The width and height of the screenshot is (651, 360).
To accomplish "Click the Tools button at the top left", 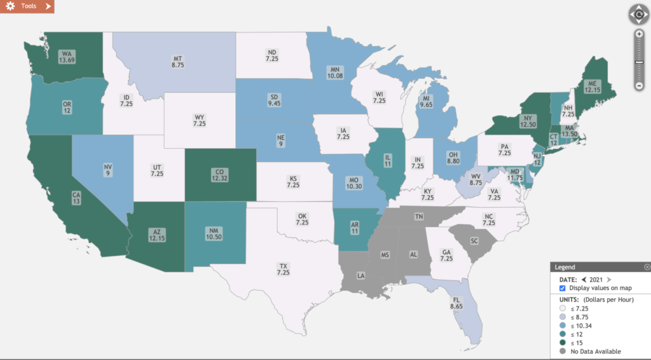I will pos(27,6).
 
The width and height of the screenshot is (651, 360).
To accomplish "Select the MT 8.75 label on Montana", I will pos(178,61).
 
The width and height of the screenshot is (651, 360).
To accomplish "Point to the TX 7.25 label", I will pos(283,269).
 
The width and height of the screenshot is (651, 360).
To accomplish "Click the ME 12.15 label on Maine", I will pos(593,87).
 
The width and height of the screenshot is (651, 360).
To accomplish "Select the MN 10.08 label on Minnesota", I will pos(335,73).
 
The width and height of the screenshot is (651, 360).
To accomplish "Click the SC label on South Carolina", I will pos(474,242).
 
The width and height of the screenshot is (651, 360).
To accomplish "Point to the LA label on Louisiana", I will pos(361,276).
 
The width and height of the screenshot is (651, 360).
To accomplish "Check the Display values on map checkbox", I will pos(563,288).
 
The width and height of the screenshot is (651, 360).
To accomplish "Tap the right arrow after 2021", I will pos(608,279).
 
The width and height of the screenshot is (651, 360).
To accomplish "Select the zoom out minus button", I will pos(638,85).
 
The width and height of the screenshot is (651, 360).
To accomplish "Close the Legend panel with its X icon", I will pos(647,267).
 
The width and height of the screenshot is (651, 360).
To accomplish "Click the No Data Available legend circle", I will pos(563,351).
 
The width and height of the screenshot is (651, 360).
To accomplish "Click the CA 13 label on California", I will pos(58,198).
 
